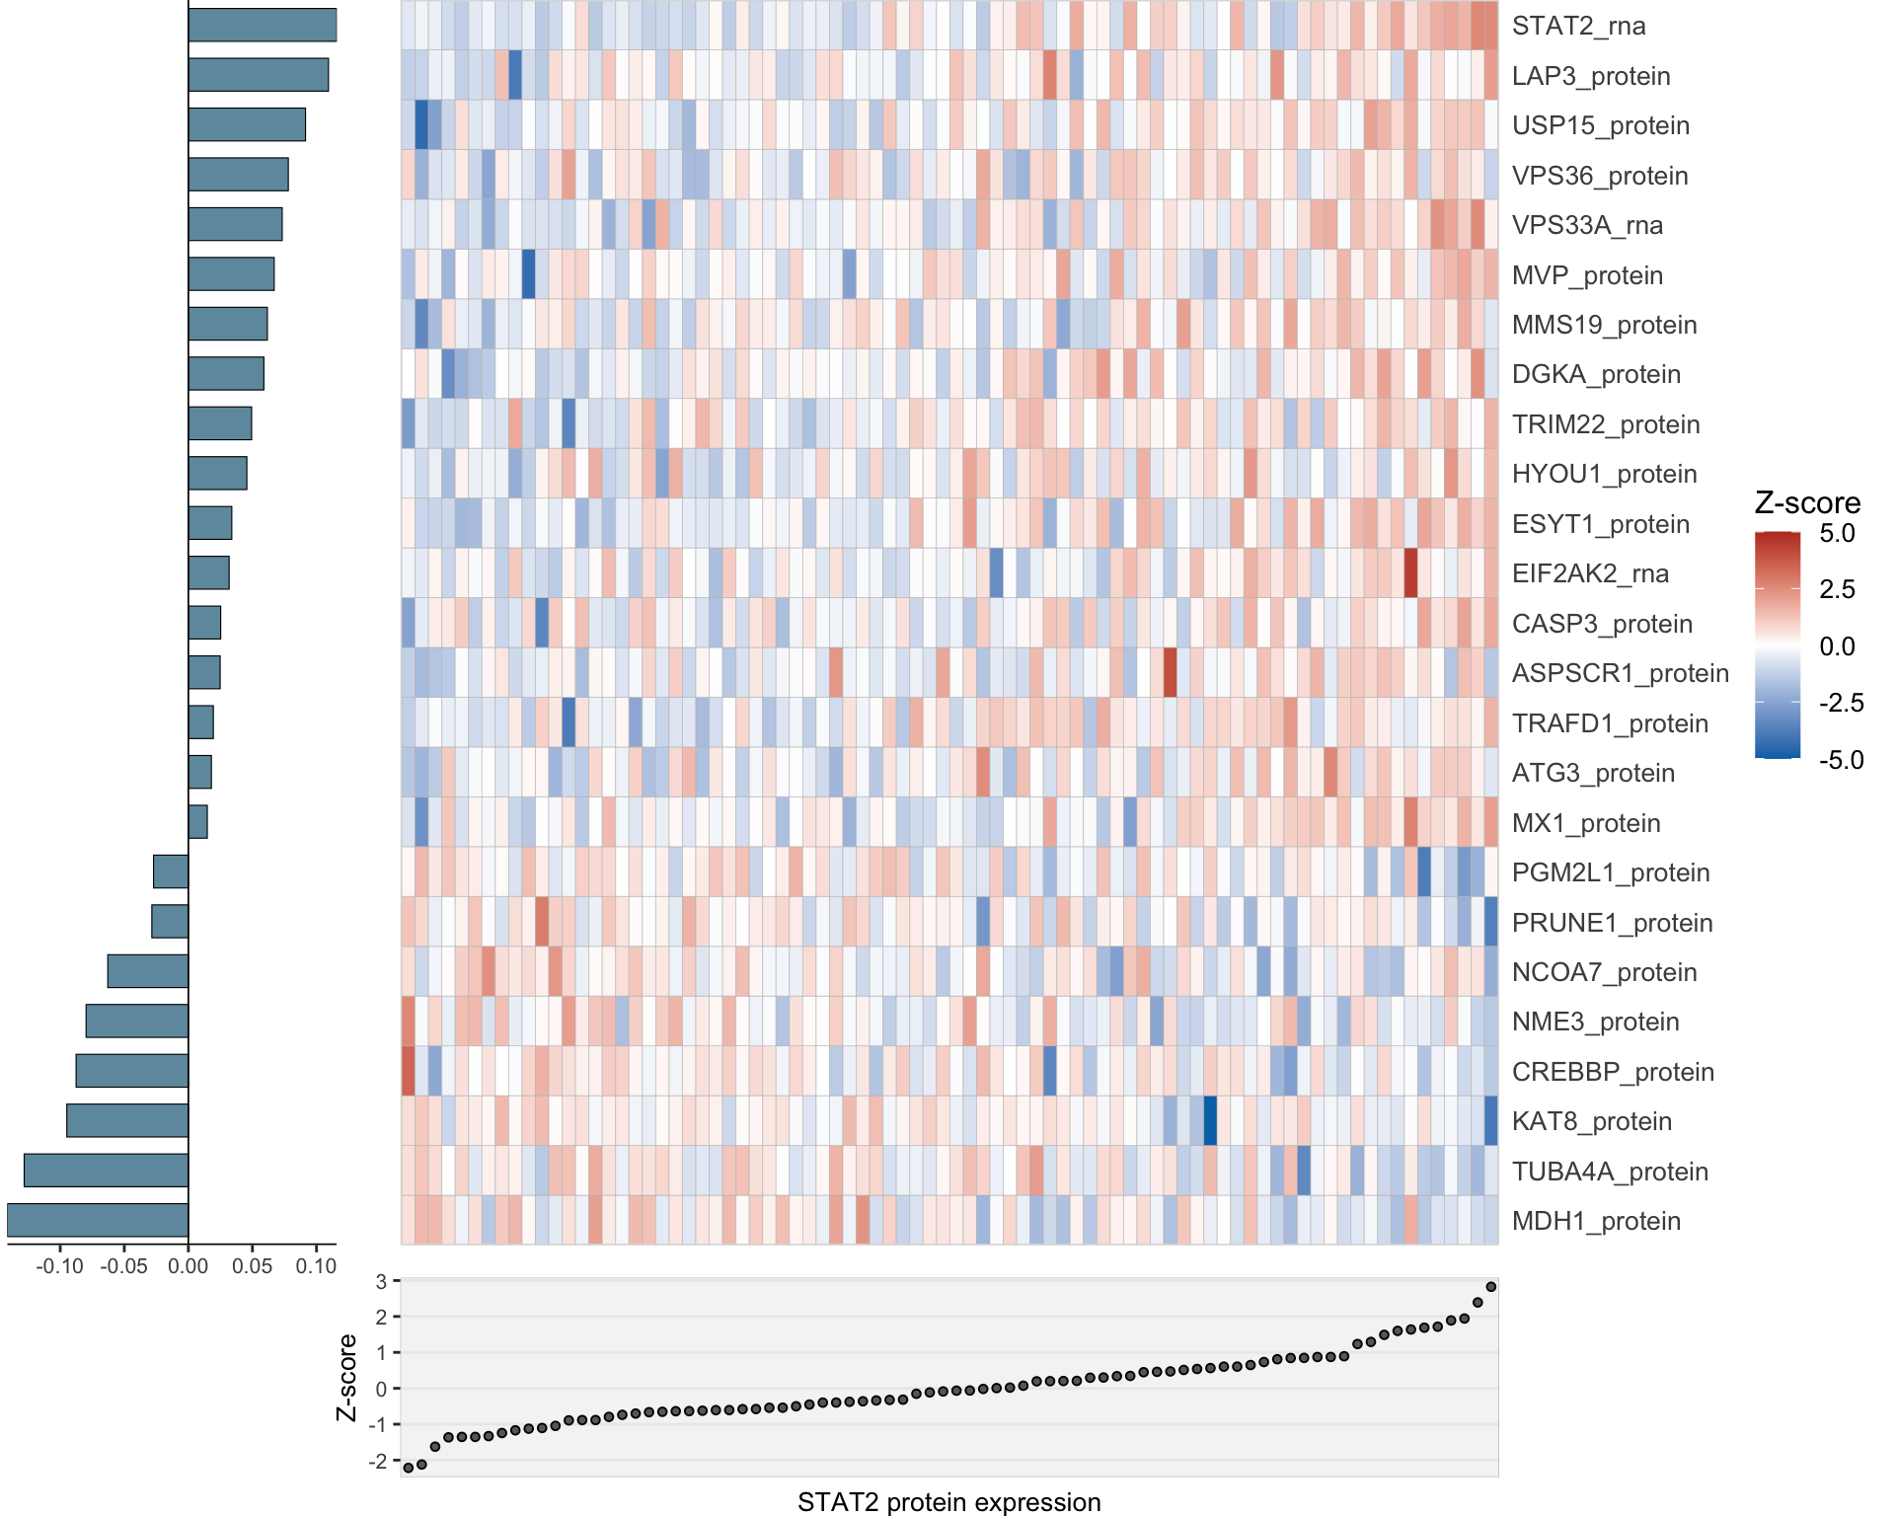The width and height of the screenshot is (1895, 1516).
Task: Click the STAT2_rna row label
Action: click(x=1578, y=26)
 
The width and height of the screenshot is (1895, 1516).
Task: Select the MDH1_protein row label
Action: click(x=1595, y=1221)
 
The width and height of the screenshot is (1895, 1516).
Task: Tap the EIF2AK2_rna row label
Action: click(x=1589, y=573)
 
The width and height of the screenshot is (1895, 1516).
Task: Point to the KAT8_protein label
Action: click(x=1591, y=1121)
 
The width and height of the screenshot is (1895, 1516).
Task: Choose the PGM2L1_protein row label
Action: click(x=1610, y=872)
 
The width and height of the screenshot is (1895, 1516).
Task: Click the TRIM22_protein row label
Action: click(x=1605, y=424)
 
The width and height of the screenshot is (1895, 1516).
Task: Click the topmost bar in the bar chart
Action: click(x=263, y=25)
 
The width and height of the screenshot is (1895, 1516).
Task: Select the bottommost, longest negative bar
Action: click(x=98, y=1220)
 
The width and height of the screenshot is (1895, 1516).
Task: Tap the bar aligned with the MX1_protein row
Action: click(x=198, y=821)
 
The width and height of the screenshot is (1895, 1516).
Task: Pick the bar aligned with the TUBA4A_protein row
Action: click(x=107, y=1170)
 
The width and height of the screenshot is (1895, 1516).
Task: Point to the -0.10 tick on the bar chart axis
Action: click(x=59, y=1266)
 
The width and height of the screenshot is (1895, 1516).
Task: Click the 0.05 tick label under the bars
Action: click(x=253, y=1266)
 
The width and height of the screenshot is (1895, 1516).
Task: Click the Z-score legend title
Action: click(x=1806, y=503)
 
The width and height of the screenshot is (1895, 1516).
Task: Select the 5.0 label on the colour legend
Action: click(x=1837, y=534)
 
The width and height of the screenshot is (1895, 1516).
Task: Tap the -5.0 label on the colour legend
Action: click(x=1841, y=760)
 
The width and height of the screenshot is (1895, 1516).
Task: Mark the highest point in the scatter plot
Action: click(x=1490, y=1287)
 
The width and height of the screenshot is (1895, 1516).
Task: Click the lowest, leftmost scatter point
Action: click(x=409, y=1468)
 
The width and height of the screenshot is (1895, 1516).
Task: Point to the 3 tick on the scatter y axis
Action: click(x=381, y=1281)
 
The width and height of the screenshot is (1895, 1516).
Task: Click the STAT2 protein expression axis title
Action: click(x=948, y=1501)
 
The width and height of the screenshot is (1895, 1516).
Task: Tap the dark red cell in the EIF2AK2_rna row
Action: click(x=1410, y=573)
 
